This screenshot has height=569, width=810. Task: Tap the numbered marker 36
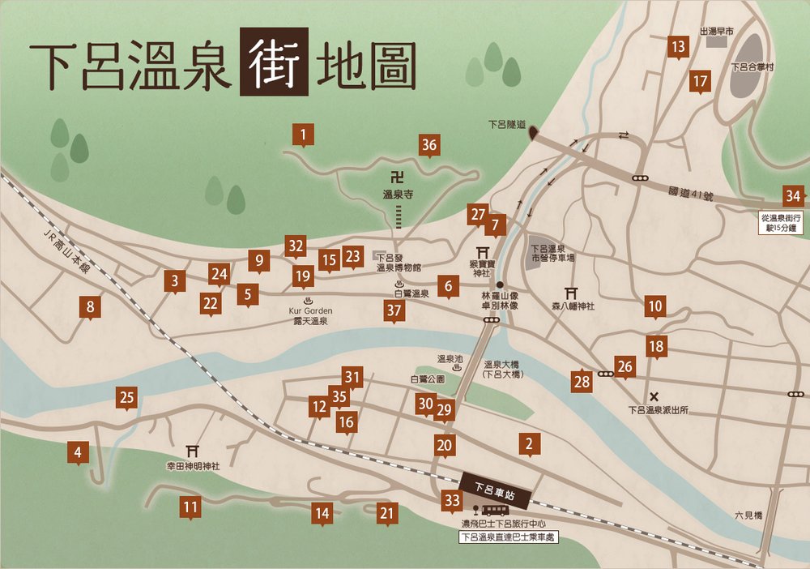[429, 146]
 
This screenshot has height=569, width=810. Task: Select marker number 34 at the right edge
[795, 196]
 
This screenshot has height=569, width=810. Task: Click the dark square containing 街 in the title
[274, 62]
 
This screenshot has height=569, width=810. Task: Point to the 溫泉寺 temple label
[398, 195]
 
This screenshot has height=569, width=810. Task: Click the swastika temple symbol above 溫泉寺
[398, 176]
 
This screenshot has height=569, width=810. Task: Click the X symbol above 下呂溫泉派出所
[654, 396]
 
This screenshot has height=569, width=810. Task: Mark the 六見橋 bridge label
[748, 515]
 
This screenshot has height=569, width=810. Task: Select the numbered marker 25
[126, 398]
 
